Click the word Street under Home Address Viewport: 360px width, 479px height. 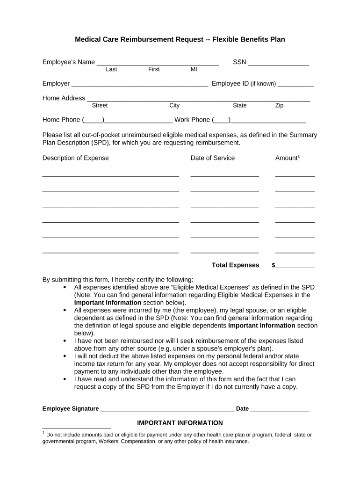coord(100,106)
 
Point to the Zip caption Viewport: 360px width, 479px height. coord(279,106)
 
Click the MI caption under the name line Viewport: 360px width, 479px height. coord(194,69)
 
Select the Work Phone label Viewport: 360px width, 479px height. coord(192,120)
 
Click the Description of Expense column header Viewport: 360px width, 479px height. coord(75,158)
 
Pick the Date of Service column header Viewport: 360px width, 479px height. coord(213,158)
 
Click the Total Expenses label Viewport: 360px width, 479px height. coord(235,265)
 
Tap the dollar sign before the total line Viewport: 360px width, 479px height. coord(274,265)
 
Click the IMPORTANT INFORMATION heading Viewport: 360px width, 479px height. coord(180,423)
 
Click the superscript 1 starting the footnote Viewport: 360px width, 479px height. coord(43,433)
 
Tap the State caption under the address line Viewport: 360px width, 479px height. coord(240,106)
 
